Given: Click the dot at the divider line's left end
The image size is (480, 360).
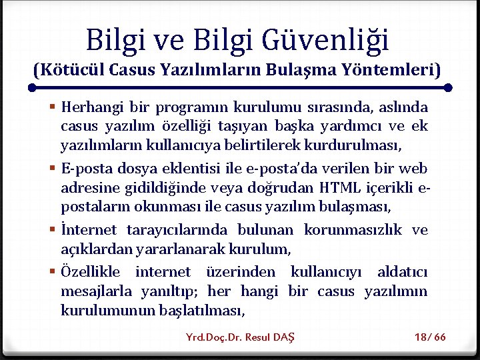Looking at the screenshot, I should coord(31,87).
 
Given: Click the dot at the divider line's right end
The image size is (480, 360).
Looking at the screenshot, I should coord(448,87).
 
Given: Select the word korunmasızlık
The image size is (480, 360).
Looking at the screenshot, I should coord(353,230).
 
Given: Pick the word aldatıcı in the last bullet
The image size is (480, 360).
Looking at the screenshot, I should coord(402,272).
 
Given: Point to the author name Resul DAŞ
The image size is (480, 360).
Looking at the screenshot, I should coord(269,337).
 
